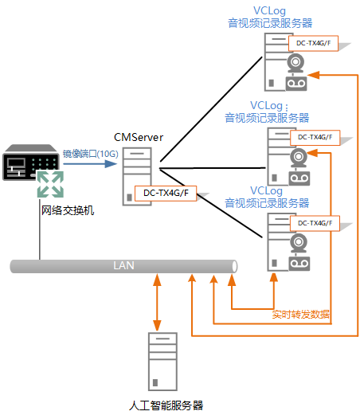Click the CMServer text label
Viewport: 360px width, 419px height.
point(139,137)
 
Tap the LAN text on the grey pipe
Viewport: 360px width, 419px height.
point(123,265)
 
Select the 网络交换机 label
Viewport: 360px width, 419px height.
point(68,210)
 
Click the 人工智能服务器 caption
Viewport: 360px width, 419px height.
point(166,405)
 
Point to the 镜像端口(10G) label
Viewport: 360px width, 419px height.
point(90,154)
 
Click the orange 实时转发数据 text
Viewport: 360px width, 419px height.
point(301,314)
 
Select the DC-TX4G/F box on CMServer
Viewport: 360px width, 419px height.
point(166,194)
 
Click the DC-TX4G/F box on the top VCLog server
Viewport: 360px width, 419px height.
point(313,43)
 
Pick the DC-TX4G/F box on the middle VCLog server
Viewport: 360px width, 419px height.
point(315,138)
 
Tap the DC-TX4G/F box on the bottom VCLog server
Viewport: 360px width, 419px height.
point(315,223)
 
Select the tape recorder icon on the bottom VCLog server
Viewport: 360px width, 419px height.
point(299,264)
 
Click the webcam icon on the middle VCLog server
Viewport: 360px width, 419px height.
point(299,158)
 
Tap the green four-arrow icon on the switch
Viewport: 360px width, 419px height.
point(50,184)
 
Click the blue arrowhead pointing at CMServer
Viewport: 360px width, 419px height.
point(111,164)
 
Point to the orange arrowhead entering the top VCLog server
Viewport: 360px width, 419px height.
point(314,75)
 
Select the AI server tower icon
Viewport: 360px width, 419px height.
point(162,362)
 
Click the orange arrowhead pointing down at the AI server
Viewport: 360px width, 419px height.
point(157,325)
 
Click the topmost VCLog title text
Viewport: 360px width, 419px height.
point(270,11)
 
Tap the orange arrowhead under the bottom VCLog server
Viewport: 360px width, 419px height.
point(274,278)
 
